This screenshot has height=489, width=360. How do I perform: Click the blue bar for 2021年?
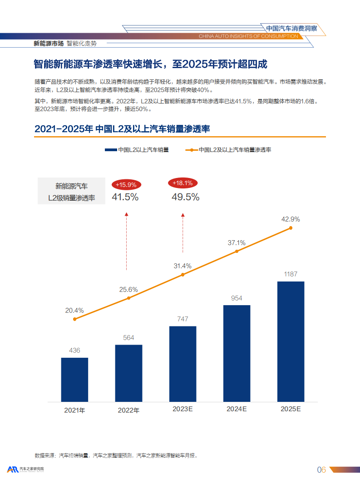(x=74, y=380)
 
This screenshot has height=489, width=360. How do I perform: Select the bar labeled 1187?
(x=291, y=341)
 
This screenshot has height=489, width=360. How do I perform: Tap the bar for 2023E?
(x=182, y=364)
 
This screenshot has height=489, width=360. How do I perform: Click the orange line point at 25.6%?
(x=128, y=298)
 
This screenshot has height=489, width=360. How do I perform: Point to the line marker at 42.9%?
(x=291, y=228)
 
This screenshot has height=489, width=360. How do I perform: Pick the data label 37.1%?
(x=237, y=243)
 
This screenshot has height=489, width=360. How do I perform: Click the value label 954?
(x=237, y=298)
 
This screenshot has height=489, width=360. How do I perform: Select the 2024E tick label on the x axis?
(x=237, y=409)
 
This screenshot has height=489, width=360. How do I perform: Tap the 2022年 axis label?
(x=128, y=410)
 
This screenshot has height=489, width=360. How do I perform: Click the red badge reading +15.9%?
(x=126, y=185)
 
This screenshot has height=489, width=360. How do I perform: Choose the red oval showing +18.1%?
(x=183, y=183)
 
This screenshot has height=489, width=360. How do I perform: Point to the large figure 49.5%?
(x=185, y=197)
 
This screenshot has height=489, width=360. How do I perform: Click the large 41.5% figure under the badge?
(x=125, y=197)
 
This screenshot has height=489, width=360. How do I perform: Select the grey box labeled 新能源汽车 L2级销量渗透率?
(x=72, y=192)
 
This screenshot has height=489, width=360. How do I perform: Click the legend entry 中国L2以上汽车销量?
(x=137, y=149)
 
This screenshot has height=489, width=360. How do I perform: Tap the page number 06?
(x=321, y=470)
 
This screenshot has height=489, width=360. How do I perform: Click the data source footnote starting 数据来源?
(x=116, y=455)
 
